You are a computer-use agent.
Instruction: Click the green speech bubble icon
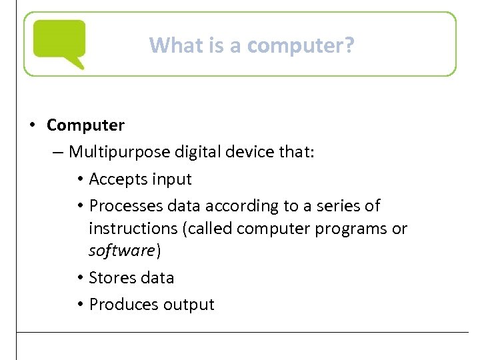(59, 43)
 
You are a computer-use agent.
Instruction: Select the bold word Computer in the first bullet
(85, 125)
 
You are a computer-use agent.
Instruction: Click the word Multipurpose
(119, 152)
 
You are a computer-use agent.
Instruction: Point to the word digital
(197, 152)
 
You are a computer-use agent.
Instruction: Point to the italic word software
(122, 251)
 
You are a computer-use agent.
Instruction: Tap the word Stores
(112, 277)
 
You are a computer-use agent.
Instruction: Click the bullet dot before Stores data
(79, 277)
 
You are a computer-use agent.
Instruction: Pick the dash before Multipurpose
(58, 152)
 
